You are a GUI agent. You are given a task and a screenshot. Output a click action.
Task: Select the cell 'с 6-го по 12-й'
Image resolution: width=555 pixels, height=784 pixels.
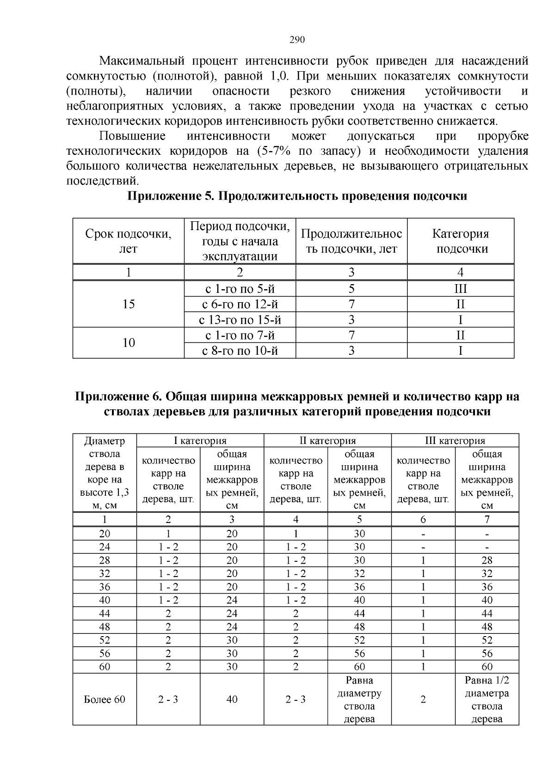[240, 304]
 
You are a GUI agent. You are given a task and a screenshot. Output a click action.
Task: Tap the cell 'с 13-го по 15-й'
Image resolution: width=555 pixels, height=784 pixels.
[240, 320]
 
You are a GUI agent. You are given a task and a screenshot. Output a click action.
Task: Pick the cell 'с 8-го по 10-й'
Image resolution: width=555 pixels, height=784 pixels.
[240, 351]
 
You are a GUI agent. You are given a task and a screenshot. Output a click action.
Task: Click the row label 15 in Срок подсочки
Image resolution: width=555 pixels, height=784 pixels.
[129, 304]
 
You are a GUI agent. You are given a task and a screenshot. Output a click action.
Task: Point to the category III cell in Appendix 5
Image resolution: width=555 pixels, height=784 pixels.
[460, 289]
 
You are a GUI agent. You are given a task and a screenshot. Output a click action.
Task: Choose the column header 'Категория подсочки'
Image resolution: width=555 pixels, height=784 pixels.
[460, 241]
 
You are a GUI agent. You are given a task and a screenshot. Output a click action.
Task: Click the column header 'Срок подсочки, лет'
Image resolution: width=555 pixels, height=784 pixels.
[129, 241]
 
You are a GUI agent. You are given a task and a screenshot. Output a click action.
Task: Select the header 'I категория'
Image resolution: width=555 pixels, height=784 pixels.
[200, 440]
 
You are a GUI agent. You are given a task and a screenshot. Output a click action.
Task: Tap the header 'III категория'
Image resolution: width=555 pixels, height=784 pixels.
[455, 440]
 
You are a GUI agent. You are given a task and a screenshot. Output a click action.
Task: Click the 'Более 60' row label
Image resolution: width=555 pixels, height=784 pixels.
[105, 699]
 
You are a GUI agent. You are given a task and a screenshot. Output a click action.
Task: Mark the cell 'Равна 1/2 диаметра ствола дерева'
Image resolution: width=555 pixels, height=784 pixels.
[487, 699]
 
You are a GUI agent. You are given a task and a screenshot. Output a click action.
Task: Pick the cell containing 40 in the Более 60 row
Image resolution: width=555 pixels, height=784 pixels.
[232, 699]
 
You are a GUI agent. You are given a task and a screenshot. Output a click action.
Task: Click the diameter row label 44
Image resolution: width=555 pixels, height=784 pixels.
[105, 614]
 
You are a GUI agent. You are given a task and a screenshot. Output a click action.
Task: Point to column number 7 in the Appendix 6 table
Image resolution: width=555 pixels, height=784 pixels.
[487, 519]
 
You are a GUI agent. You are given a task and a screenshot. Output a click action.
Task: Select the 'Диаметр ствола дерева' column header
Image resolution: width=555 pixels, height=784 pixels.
[105, 473]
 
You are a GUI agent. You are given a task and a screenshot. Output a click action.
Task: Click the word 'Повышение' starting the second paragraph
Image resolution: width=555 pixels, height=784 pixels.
[132, 136]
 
